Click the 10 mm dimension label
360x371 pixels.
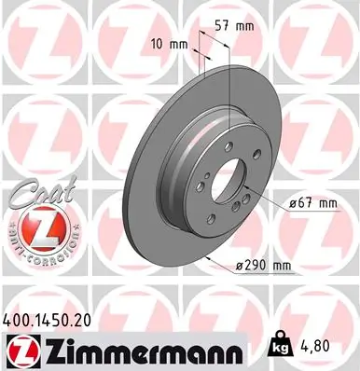coord(169,44)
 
